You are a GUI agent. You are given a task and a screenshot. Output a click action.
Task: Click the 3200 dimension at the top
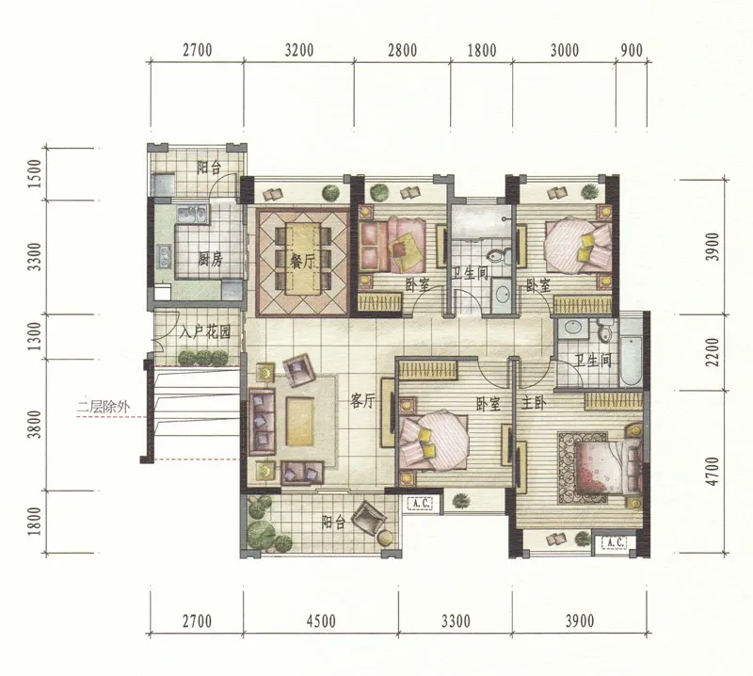[x=298, y=50]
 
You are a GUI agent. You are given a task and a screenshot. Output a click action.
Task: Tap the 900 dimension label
[x=632, y=50]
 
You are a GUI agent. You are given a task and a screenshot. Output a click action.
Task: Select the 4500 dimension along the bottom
[x=321, y=621]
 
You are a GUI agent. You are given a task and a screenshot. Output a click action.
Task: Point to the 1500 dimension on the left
[x=35, y=173]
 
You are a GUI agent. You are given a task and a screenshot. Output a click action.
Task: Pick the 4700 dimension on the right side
[x=713, y=471]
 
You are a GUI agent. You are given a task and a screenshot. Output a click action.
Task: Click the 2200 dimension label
[x=713, y=352]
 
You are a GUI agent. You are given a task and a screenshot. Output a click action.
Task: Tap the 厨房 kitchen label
[x=210, y=260]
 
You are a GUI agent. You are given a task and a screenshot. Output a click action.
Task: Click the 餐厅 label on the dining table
[x=301, y=262]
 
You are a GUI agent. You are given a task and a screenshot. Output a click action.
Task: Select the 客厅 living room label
[x=361, y=400]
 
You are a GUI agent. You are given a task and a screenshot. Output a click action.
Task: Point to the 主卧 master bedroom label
[x=534, y=403]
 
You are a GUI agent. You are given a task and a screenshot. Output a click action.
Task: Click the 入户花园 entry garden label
[x=205, y=331]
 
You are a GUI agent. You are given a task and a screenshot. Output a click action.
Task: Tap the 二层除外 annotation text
[x=104, y=408]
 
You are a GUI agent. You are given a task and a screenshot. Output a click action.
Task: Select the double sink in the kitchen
[x=192, y=215]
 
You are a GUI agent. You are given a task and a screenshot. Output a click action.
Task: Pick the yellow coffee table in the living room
[x=300, y=422]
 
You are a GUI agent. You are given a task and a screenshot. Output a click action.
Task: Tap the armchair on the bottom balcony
[x=369, y=519]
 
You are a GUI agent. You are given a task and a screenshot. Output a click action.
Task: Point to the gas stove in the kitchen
[x=164, y=256]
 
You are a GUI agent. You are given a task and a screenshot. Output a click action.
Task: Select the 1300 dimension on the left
[x=35, y=336]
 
